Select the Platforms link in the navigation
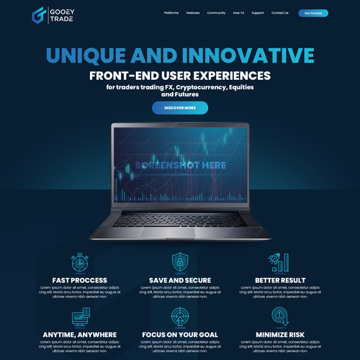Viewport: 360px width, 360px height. click(x=171, y=13)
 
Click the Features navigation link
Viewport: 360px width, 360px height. click(x=193, y=13)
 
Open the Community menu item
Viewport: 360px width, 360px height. click(x=216, y=13)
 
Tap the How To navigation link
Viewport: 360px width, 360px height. click(x=238, y=13)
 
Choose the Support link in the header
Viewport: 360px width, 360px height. click(x=258, y=13)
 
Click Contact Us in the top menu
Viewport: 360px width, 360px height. click(x=280, y=13)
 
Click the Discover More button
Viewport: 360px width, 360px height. click(x=180, y=108)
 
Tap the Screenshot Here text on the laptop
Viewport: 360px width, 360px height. click(x=179, y=165)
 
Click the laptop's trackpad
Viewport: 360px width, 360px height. click(x=180, y=232)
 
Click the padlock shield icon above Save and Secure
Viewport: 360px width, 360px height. click(x=180, y=262)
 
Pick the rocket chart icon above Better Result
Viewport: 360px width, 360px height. click(x=280, y=262)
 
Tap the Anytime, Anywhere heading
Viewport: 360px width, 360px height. click(x=80, y=334)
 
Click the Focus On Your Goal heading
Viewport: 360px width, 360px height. click(x=180, y=334)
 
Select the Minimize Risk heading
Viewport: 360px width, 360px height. click(x=280, y=334)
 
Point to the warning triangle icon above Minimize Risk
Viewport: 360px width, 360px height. click(x=279, y=317)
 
